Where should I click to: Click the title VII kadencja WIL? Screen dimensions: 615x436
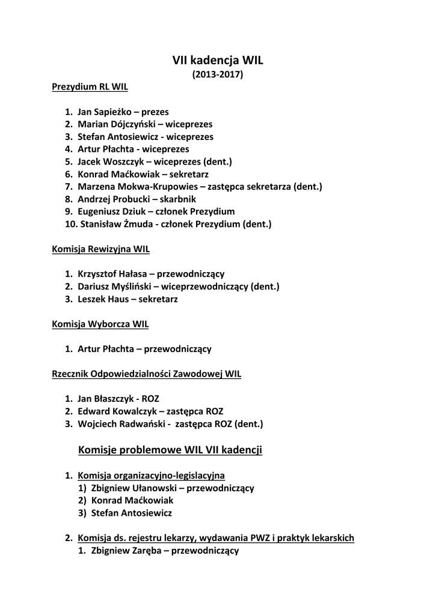pos(218,60)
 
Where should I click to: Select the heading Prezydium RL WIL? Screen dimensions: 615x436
pos(90,86)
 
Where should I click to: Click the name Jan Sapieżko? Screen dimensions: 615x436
pos(105,112)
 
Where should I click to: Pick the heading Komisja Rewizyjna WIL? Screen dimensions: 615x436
pos(100,249)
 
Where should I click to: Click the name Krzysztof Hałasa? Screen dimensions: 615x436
pos(113,274)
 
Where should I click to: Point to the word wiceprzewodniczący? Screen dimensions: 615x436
pos(204,286)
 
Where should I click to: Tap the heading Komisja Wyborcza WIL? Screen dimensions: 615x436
pos(100,324)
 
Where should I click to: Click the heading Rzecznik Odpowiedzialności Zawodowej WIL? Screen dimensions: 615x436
pos(147,374)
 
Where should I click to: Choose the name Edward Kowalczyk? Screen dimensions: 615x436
pos(114,411)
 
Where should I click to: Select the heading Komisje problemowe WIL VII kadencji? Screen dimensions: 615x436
pos(170,450)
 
